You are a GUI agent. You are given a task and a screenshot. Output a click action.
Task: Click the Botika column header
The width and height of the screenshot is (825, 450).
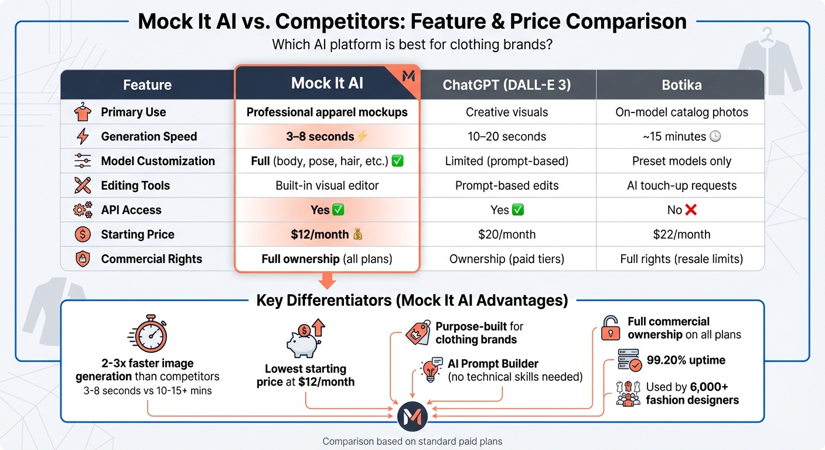click(681, 85)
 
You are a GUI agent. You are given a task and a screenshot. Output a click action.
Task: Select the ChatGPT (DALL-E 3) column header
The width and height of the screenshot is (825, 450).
click(507, 85)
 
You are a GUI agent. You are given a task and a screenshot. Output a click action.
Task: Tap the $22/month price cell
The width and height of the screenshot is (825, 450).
click(681, 234)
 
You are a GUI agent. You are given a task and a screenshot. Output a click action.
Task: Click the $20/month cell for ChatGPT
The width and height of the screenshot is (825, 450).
click(507, 234)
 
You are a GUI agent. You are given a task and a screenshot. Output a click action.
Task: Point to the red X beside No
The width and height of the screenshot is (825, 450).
click(691, 210)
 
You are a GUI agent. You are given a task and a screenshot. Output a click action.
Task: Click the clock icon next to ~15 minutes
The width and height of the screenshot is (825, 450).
click(715, 137)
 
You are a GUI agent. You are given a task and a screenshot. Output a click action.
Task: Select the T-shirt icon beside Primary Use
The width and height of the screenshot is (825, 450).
click(82, 112)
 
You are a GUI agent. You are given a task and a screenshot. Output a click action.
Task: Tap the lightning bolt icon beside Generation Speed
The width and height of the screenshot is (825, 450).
click(82, 137)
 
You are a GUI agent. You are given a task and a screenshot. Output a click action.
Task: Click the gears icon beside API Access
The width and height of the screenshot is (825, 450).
click(82, 210)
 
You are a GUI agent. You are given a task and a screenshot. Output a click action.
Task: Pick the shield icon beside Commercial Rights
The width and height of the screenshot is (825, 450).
click(82, 259)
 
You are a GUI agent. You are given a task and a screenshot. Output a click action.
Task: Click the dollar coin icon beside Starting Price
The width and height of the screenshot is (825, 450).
click(82, 234)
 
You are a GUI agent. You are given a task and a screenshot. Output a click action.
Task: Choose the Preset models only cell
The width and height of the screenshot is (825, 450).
click(681, 161)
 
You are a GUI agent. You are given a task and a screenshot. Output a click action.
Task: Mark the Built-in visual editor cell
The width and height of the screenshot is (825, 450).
click(327, 186)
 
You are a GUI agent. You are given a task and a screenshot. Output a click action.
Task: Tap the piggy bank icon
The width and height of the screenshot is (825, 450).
click(304, 341)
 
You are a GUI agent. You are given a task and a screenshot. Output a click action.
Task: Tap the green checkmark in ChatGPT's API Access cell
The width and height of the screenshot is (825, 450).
click(518, 210)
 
